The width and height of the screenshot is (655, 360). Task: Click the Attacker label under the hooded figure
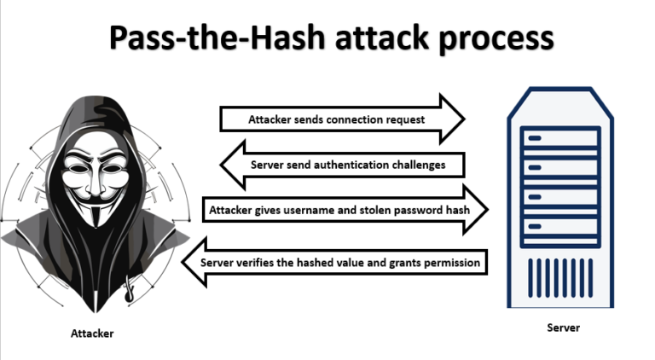click(91, 334)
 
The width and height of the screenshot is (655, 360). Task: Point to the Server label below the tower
click(563, 328)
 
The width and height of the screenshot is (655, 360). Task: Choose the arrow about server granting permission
click(341, 262)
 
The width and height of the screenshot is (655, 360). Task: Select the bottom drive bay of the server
click(563, 229)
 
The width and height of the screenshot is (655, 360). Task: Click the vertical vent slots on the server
click(563, 276)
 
